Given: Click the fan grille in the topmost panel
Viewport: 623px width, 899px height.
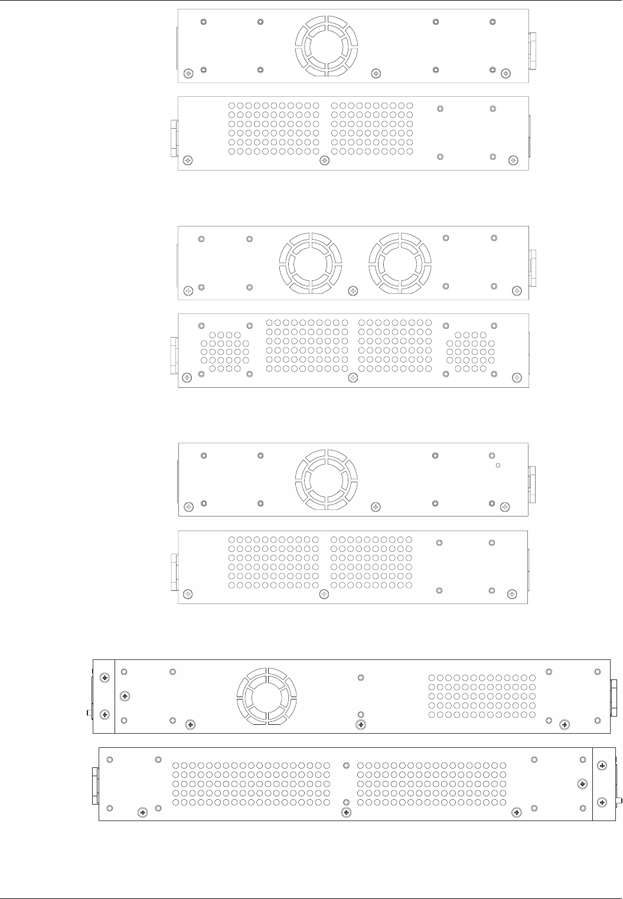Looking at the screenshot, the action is pyautogui.click(x=326, y=45).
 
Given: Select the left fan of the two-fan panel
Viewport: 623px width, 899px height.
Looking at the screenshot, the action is pyautogui.click(x=310, y=262).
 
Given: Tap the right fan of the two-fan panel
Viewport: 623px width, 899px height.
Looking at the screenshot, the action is pyautogui.click(x=400, y=262).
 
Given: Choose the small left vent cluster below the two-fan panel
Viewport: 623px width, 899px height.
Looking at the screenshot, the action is pyautogui.click(x=224, y=351).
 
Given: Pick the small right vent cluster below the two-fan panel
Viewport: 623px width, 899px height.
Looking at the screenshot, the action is pyautogui.click(x=471, y=351).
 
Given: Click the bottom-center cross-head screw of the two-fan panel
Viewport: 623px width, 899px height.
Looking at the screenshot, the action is pyautogui.click(x=353, y=290).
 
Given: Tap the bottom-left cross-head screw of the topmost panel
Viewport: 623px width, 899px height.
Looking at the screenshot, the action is pyautogui.click(x=188, y=73).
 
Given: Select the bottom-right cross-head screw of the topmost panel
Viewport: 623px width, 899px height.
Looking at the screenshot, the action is pyautogui.click(x=505, y=73).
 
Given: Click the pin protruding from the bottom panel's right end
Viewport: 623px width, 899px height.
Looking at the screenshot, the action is pyautogui.click(x=619, y=802).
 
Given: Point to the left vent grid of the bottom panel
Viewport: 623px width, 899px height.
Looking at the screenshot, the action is pyautogui.click(x=252, y=784).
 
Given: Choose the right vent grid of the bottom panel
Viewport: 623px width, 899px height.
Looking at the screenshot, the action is pyautogui.click(x=432, y=784).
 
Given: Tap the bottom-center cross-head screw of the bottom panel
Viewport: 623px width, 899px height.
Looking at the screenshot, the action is pyautogui.click(x=347, y=813).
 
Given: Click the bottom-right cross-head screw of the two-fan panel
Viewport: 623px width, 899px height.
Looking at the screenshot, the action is pyautogui.click(x=517, y=290).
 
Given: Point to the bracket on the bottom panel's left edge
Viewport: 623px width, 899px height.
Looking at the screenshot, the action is pyautogui.click(x=94, y=785).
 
